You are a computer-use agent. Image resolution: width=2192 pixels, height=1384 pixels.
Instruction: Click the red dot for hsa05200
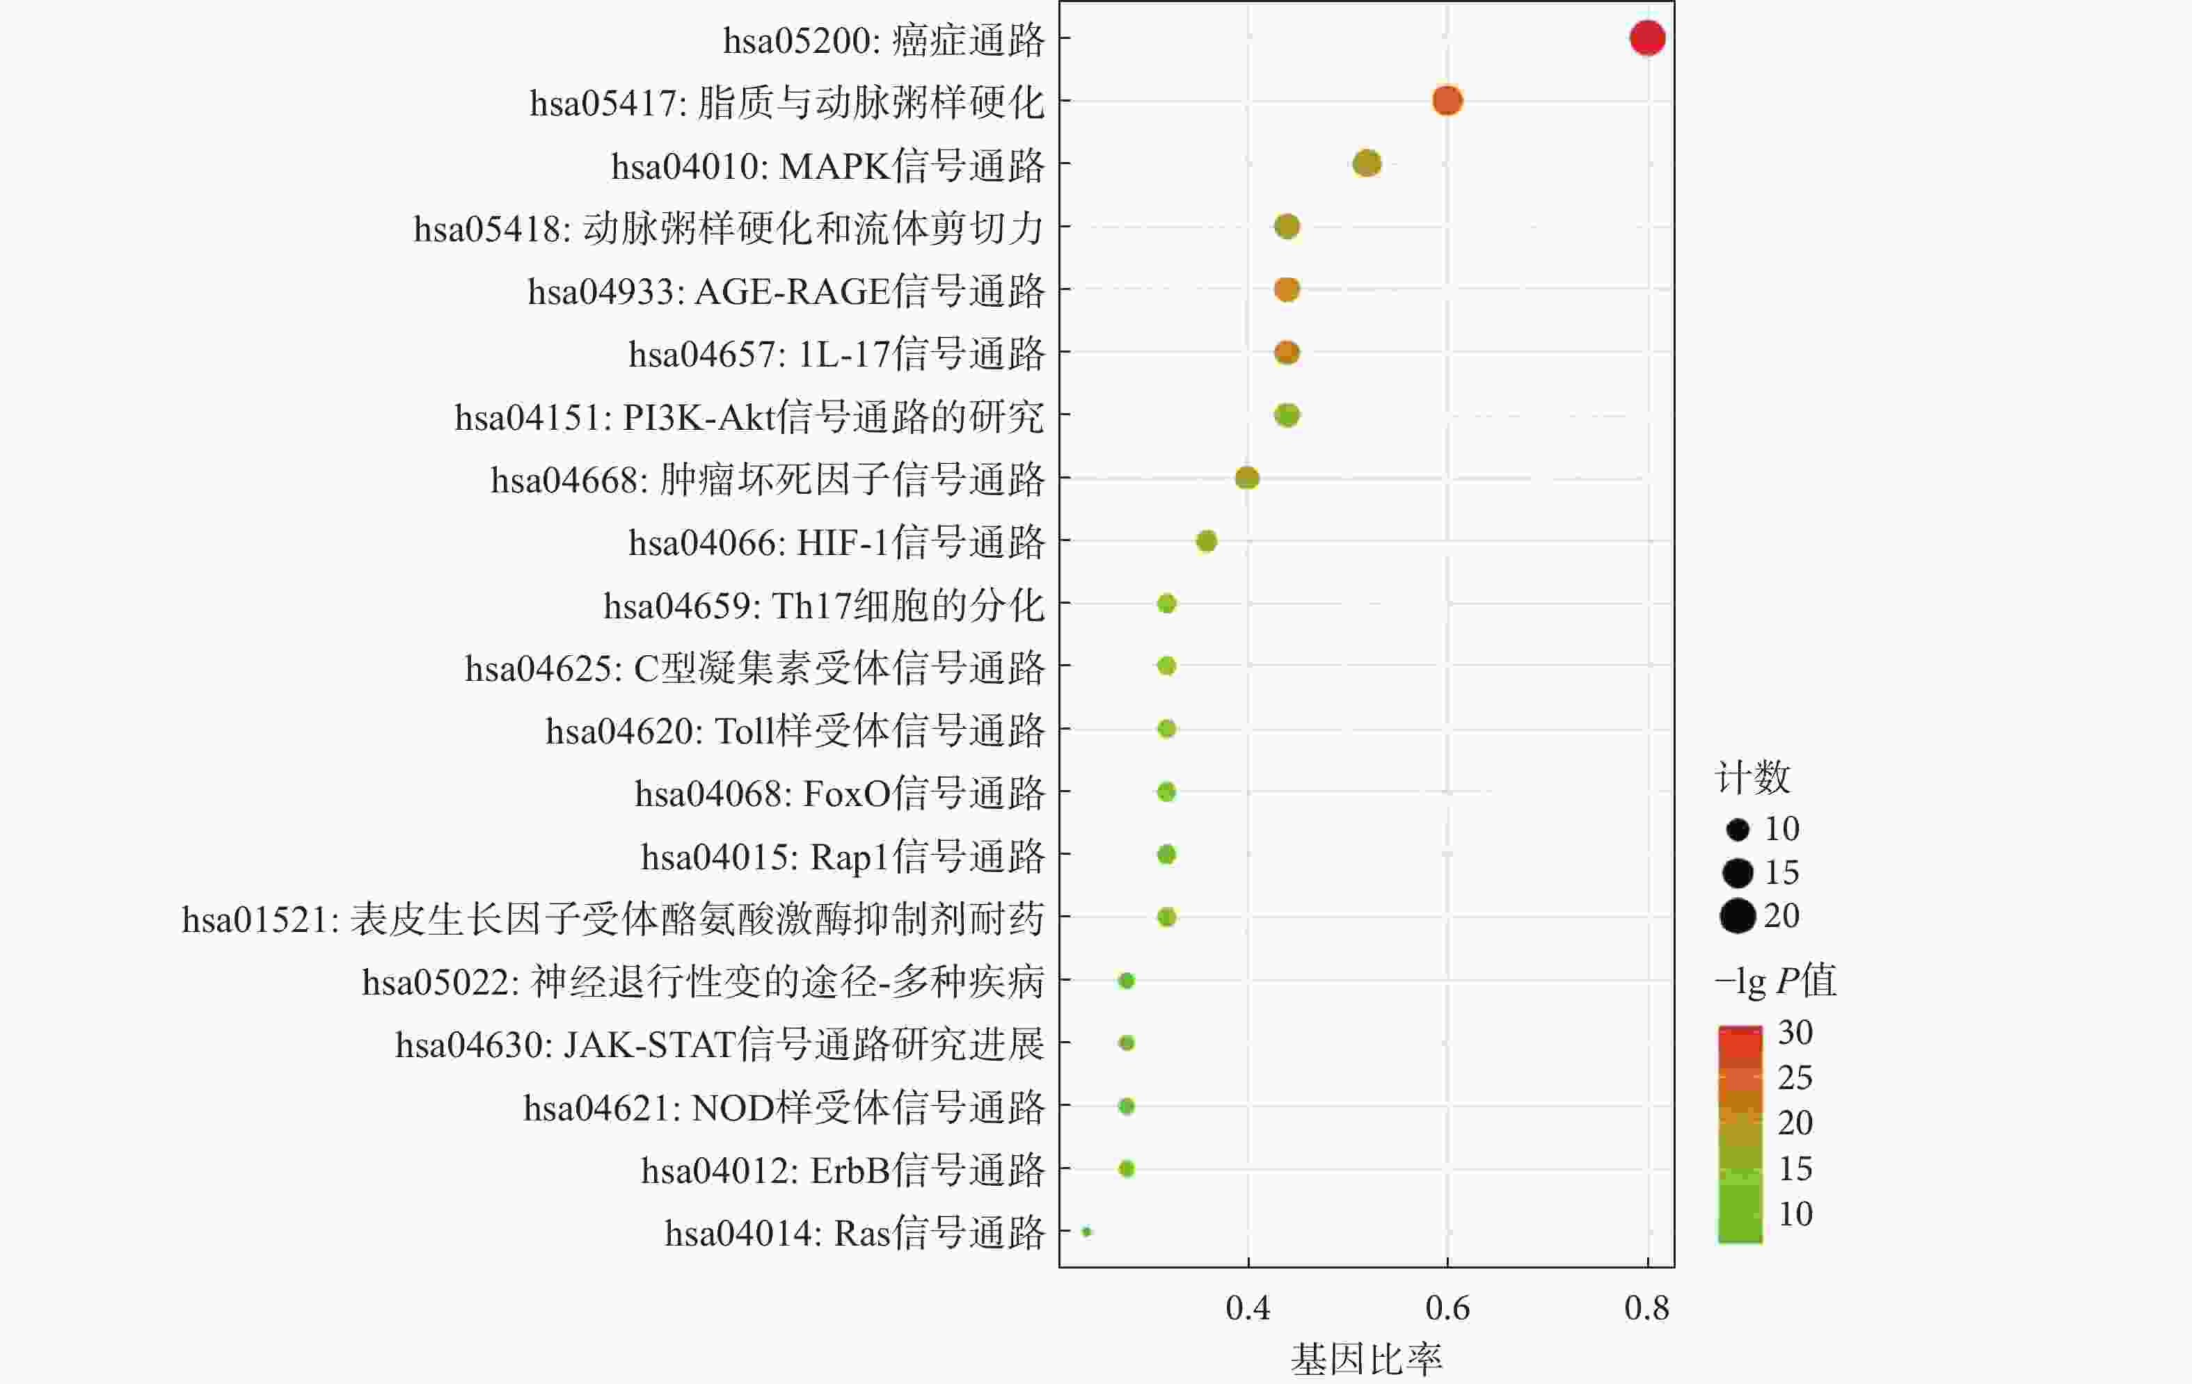click(1646, 38)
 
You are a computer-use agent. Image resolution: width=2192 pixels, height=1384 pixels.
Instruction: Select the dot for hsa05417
click(1447, 100)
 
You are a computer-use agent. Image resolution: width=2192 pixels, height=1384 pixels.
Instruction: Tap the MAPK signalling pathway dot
click(1367, 164)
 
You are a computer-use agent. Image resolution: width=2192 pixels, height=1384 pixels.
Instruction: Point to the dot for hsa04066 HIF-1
click(1206, 541)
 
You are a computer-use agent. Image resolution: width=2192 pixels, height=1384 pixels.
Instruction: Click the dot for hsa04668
click(1246, 478)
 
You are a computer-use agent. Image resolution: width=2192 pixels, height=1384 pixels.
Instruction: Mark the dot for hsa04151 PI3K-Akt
click(1286, 415)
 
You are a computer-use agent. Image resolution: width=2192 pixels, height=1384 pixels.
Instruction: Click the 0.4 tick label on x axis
click(1247, 1308)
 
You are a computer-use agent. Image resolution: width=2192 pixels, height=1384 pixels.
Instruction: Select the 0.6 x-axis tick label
click(1447, 1308)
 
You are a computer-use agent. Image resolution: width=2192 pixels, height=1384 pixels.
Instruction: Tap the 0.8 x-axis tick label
click(1646, 1308)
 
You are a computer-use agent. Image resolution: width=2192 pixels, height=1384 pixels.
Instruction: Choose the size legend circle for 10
click(1737, 829)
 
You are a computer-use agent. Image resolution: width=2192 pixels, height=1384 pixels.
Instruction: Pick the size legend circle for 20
click(1737, 915)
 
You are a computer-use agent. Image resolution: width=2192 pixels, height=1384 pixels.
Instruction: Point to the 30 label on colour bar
click(1795, 1033)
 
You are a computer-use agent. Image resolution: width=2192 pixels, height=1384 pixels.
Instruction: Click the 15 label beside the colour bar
click(1795, 1168)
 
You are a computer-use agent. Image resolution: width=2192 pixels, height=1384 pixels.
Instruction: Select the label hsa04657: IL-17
click(836, 354)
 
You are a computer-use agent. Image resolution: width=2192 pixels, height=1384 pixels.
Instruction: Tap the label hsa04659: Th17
click(823, 605)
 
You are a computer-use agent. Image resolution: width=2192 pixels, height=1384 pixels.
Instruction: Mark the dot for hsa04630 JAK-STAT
click(1126, 1043)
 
